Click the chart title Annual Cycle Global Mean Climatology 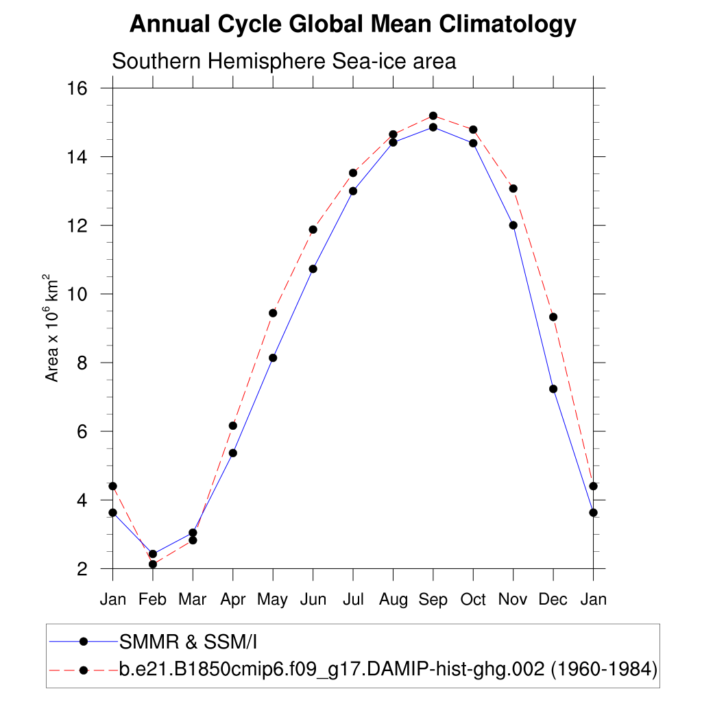352,25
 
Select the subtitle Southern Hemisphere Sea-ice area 284,61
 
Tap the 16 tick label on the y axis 77,88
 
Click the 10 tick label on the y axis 77,294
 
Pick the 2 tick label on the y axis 82,569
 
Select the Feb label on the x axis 152,600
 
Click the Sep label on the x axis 433,600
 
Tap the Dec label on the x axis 553,600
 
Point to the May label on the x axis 273,600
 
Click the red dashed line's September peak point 433,116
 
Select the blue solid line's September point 433,127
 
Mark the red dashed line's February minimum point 153,564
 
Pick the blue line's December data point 553,389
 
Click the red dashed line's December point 553,317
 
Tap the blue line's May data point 273,358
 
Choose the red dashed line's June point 313,230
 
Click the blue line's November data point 513,225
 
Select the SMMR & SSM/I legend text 188,642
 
